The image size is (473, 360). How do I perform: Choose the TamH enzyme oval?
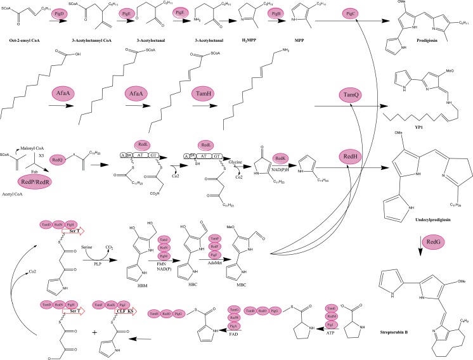point(205,94)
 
